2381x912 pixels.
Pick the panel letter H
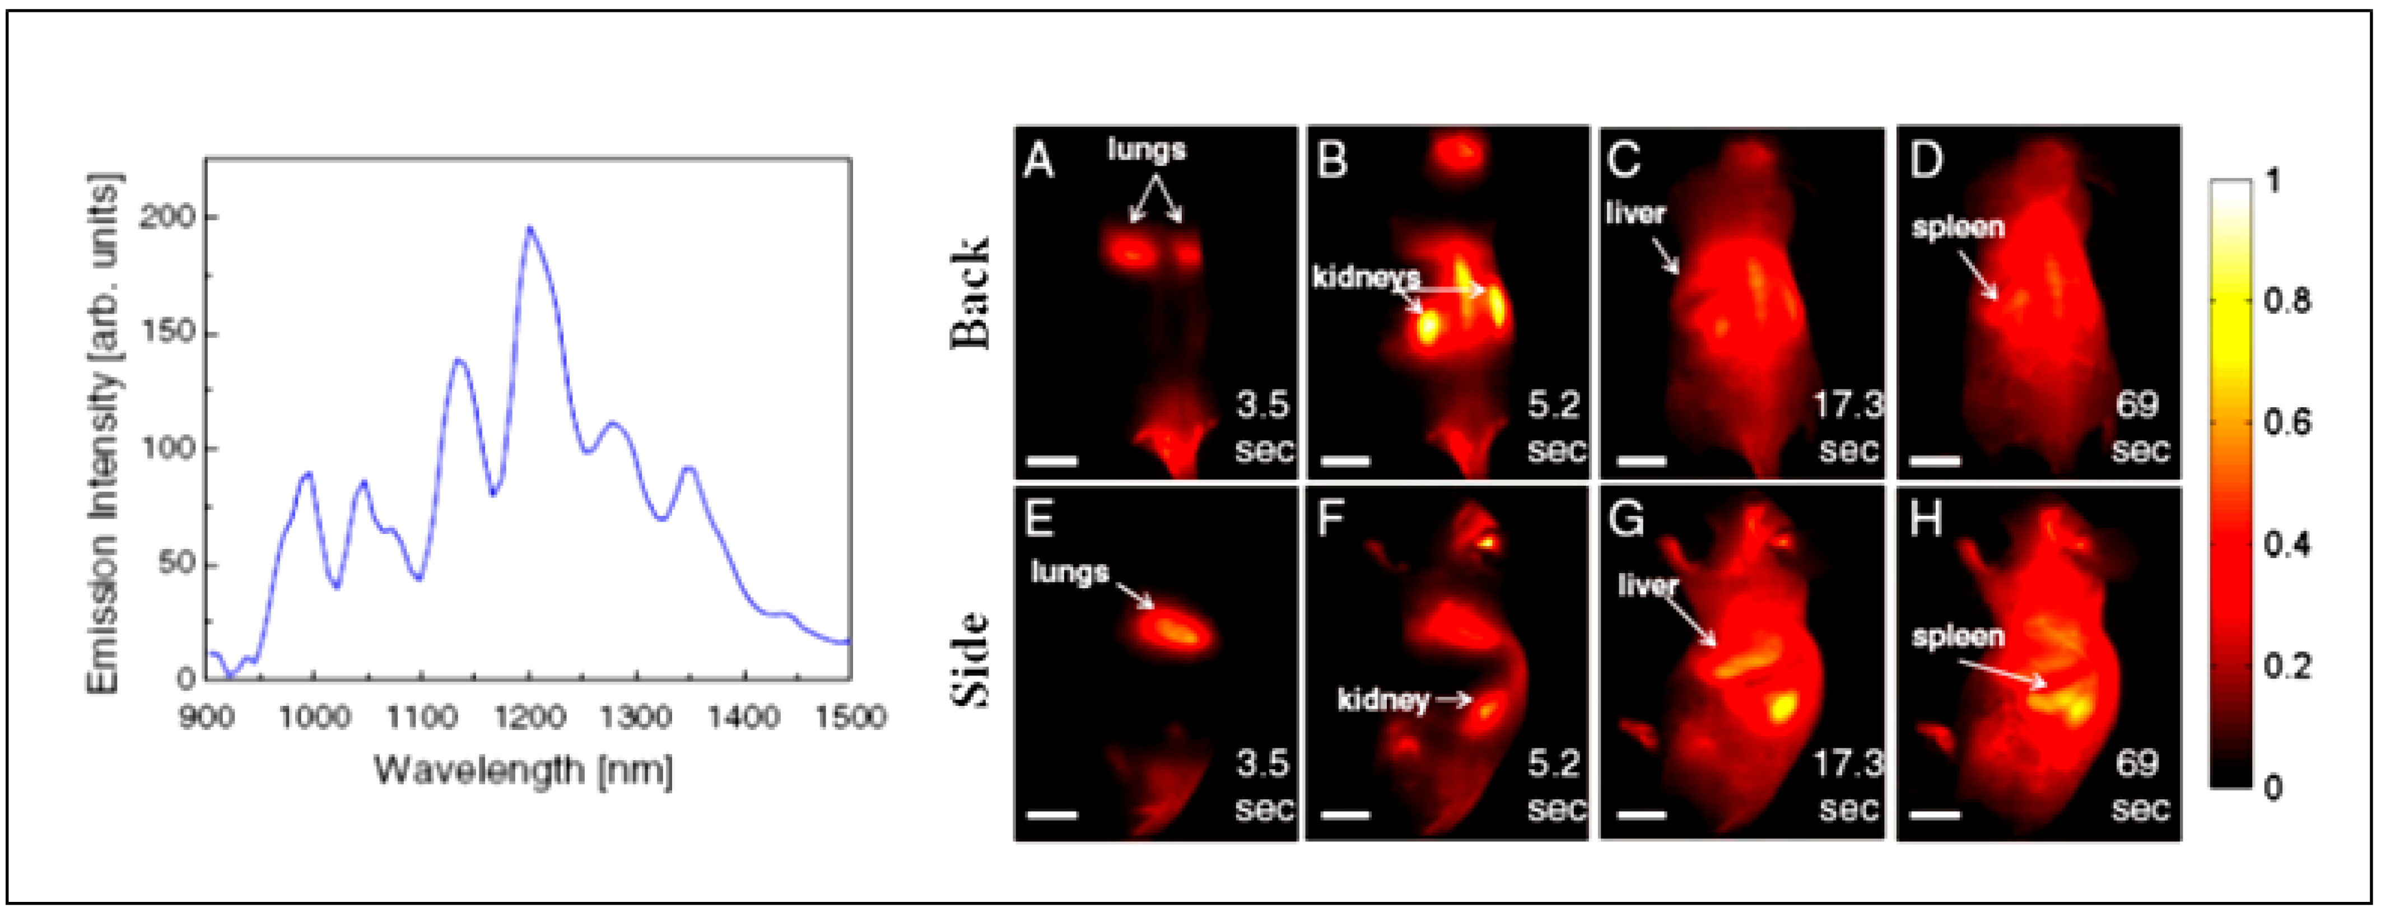(1925, 520)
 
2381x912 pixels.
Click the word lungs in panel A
(1146, 149)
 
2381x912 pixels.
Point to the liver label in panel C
(1635, 213)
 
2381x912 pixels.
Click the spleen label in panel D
(1958, 227)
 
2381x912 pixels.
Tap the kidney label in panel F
(1383, 700)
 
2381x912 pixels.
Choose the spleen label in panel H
(1958, 636)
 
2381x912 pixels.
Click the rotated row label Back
(971, 294)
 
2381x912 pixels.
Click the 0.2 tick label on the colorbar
(2287, 666)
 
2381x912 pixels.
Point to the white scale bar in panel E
(1052, 815)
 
